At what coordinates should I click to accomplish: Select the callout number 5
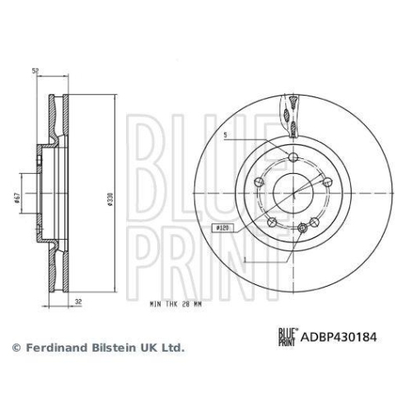tap(224, 134)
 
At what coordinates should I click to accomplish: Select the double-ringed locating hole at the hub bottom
tap(304, 227)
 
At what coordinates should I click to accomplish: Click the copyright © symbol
tap(14, 349)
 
